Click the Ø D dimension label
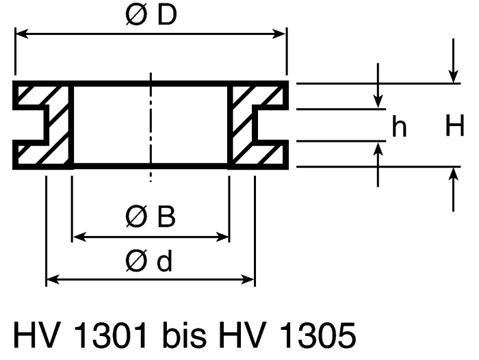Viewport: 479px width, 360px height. pos(151,14)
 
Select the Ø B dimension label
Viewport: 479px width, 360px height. pos(151,217)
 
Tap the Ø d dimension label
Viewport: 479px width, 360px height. pos(148,261)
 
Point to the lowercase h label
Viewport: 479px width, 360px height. pos(399,127)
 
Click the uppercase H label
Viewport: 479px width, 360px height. pos(455,125)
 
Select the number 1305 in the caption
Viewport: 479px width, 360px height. pos(318,335)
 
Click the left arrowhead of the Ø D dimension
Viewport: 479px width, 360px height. pos(22,34)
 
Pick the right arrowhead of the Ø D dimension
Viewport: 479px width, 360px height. pos(279,34)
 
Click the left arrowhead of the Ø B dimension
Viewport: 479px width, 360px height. pos(79,237)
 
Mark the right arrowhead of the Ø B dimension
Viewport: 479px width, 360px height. pos(222,237)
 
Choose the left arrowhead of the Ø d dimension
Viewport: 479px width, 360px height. pos(53,279)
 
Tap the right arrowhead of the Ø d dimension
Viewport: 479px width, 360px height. pos(248,279)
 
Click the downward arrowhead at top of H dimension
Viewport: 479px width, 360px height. pos(453,77)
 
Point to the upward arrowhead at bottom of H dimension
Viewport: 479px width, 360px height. pos(453,175)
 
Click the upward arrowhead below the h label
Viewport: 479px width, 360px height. pos(378,149)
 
